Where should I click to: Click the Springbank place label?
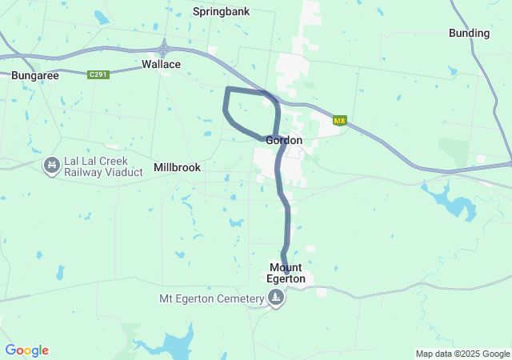[222, 12]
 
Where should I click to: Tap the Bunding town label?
[469, 33]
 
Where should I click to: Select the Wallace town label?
[161, 64]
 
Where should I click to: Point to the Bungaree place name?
[32, 75]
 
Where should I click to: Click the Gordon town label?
[284, 140]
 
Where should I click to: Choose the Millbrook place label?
[177, 167]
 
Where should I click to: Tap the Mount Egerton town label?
[287, 273]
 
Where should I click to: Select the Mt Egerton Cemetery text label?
[212, 299]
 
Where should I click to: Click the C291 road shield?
[98, 74]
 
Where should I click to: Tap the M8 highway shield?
[340, 121]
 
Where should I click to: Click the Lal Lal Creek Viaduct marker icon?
[51, 166]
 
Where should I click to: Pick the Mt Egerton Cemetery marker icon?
[276, 299]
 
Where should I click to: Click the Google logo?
[26, 350]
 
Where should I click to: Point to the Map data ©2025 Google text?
[462, 354]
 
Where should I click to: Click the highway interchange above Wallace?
[164, 49]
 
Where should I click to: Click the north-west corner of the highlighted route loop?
[228, 89]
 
